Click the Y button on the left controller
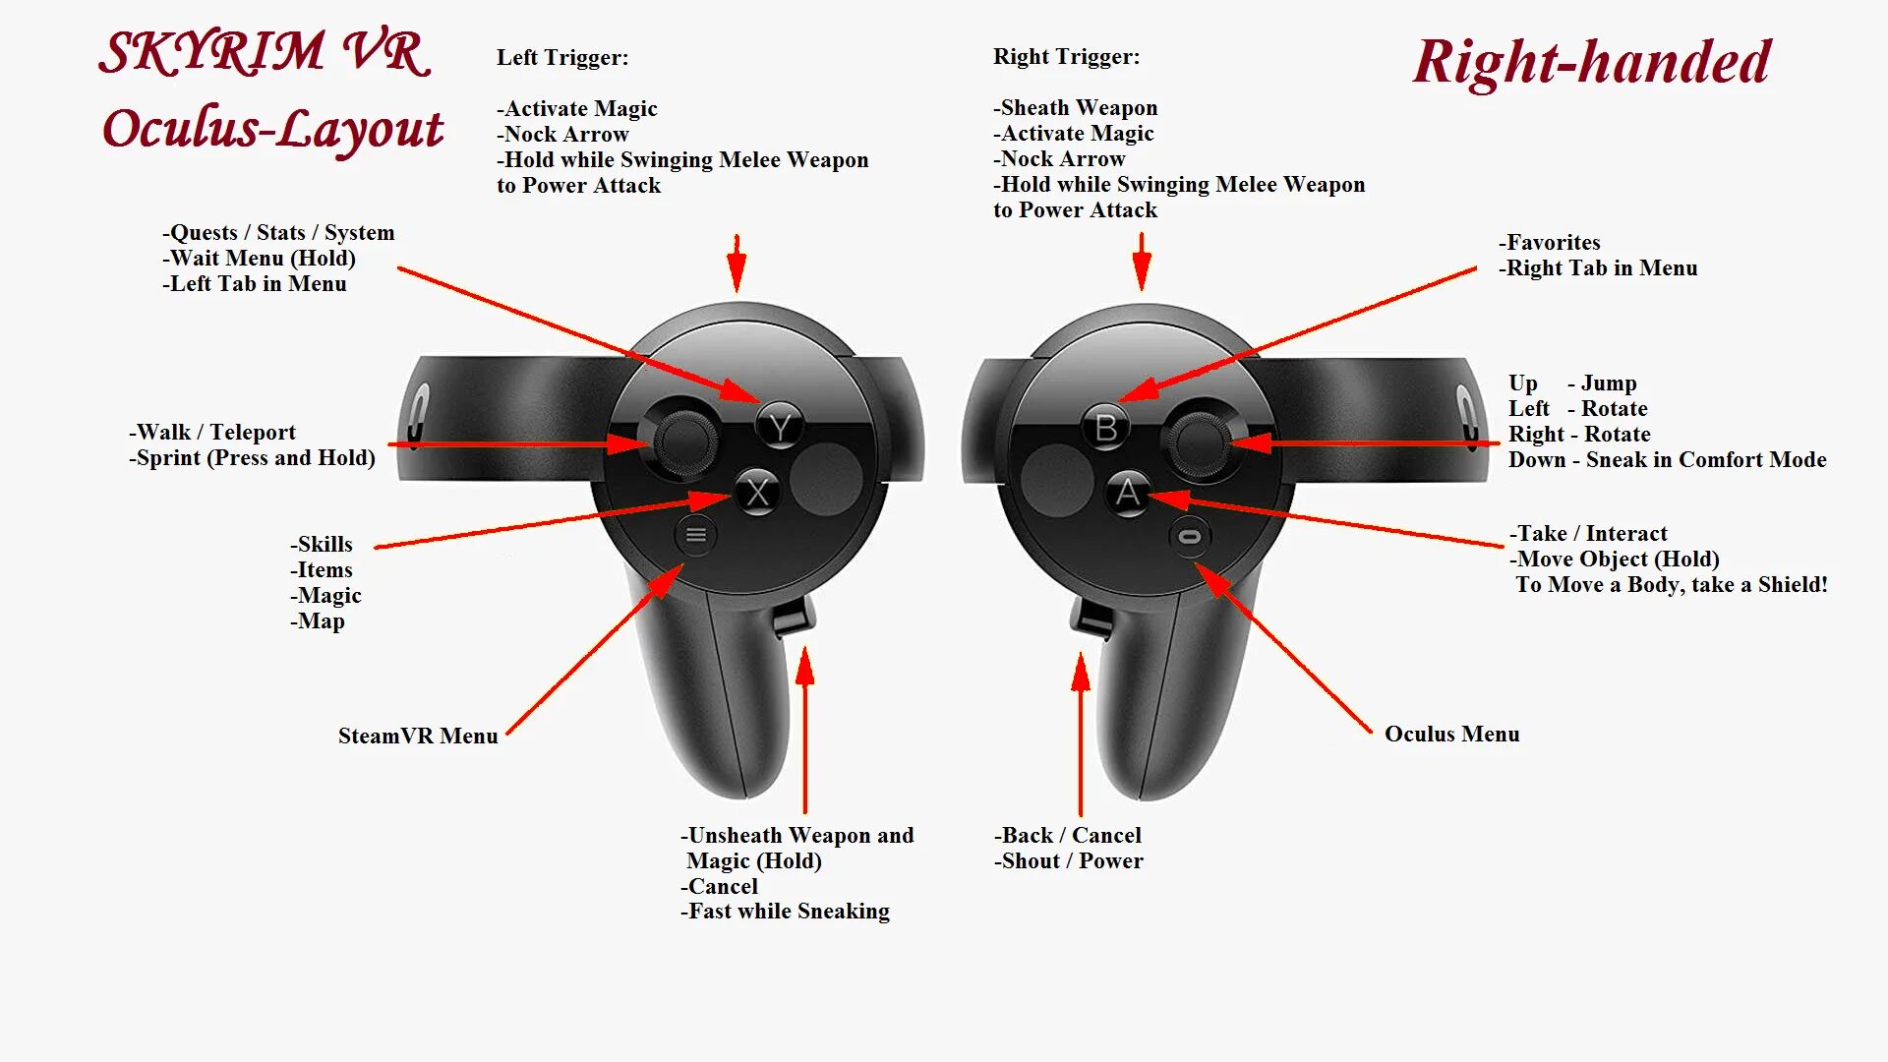point(781,428)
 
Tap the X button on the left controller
point(757,492)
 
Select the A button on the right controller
point(1127,492)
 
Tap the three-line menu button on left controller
point(696,535)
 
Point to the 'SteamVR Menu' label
point(418,736)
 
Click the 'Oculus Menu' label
point(1451,734)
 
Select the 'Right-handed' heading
point(1591,62)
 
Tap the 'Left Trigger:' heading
point(562,57)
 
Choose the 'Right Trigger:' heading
point(1066,56)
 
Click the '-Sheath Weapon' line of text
point(1075,107)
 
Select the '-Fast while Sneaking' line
point(785,912)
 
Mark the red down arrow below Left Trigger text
point(737,263)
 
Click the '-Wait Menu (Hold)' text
point(259,258)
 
